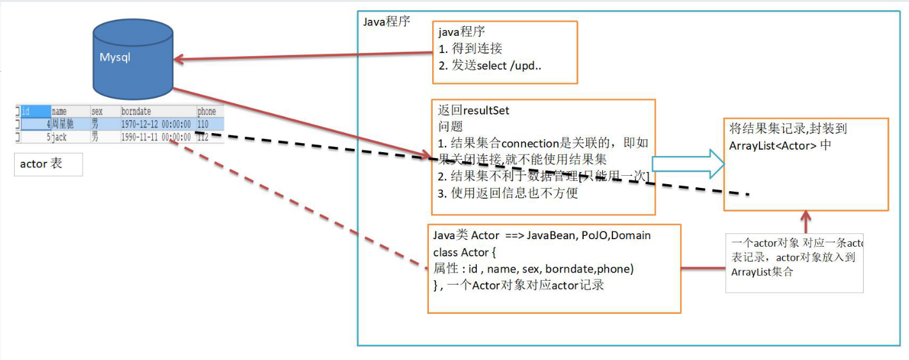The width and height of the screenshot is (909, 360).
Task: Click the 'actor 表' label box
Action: click(x=48, y=164)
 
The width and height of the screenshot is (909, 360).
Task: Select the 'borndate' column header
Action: click(x=136, y=111)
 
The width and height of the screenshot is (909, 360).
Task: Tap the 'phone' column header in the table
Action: click(x=206, y=111)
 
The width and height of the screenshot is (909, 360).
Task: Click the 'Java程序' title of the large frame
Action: click(x=386, y=21)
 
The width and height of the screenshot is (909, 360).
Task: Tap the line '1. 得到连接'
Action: click(x=470, y=49)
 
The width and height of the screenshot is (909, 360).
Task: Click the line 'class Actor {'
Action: click(x=464, y=253)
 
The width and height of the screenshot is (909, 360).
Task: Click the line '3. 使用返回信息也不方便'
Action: click(x=508, y=192)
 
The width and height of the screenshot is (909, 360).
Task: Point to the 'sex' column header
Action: click(x=97, y=111)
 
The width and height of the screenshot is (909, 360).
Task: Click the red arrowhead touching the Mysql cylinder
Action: click(x=179, y=60)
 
